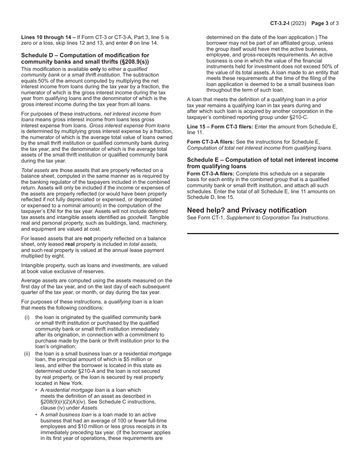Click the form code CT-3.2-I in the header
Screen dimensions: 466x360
click(x=281, y=23)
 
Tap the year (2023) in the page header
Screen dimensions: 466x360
click(x=300, y=23)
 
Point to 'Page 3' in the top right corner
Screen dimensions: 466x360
click(x=320, y=23)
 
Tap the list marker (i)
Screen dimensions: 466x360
click(x=27, y=317)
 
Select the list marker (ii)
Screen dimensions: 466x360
click(x=27, y=353)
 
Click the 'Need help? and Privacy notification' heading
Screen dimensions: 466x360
click(x=247, y=210)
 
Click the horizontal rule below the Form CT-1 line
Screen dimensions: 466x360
click(x=263, y=233)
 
